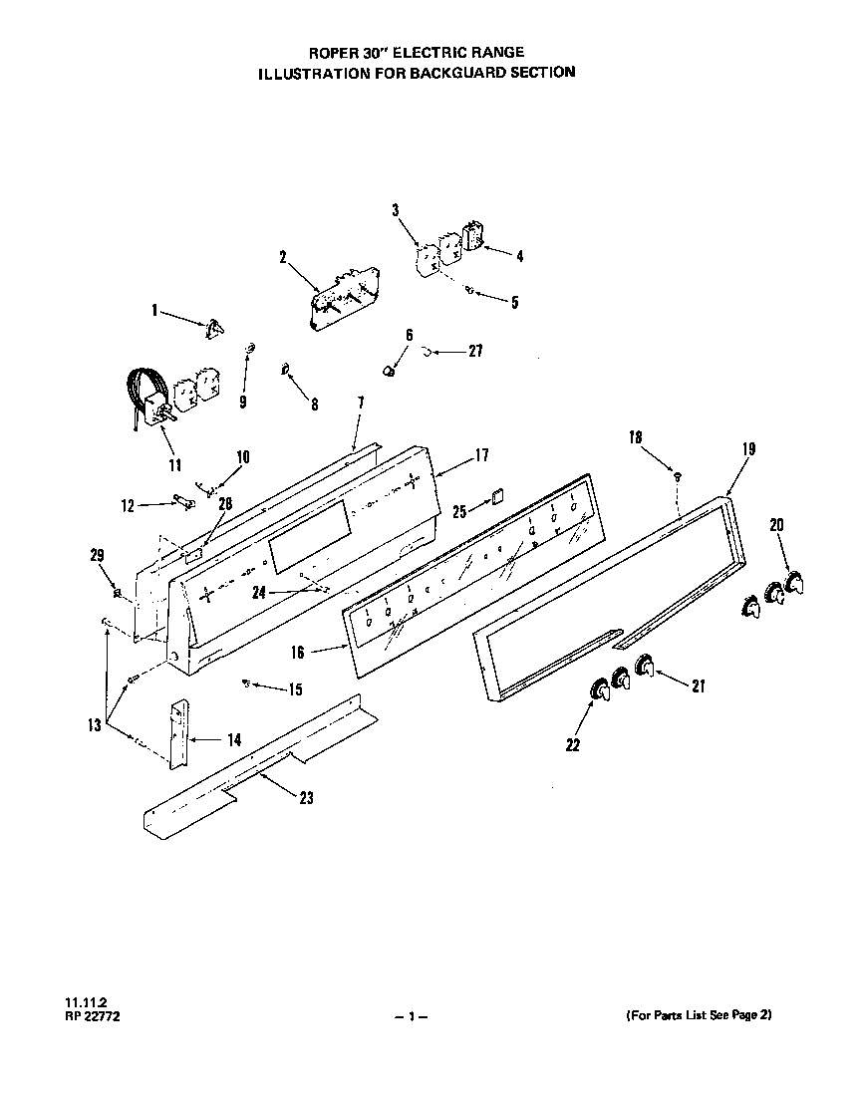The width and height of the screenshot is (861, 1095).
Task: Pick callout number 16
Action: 298,653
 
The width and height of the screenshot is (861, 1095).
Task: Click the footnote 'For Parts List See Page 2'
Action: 699,1015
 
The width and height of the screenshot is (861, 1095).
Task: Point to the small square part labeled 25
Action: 497,496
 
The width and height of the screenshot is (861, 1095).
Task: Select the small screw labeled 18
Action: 677,476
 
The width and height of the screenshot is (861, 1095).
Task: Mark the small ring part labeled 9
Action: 250,347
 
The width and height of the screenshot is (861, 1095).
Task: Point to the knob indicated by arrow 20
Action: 792,584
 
